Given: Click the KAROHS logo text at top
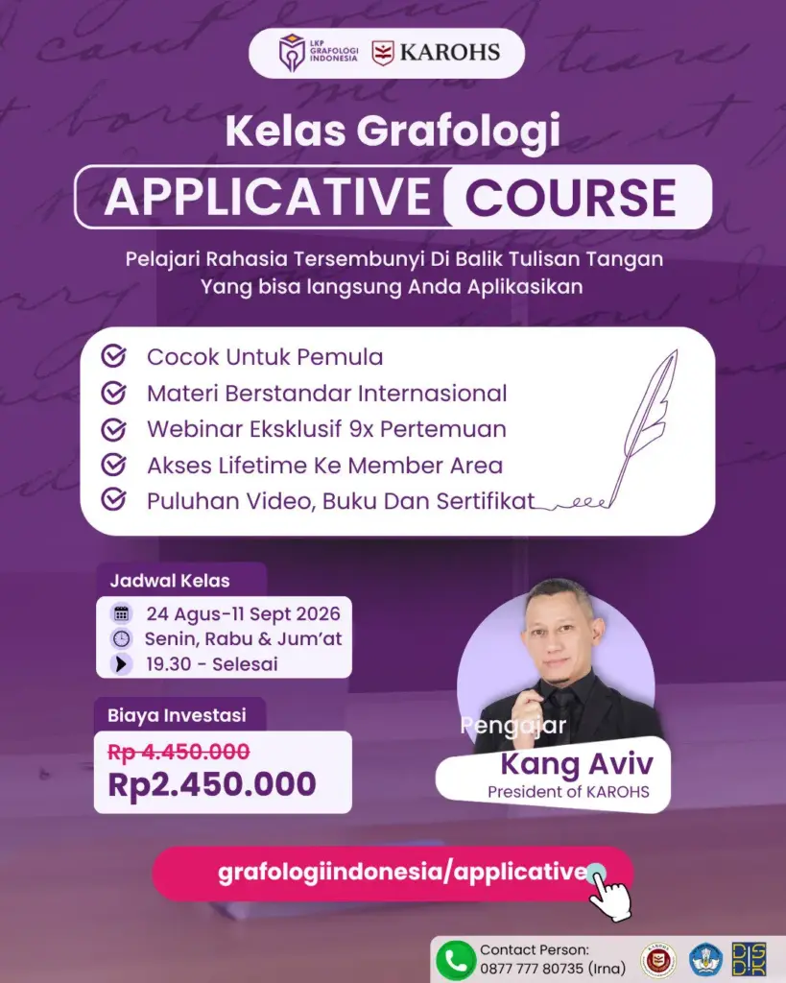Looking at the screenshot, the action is pyautogui.click(x=449, y=53).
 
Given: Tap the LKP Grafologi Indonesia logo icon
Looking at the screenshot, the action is pyautogui.click(x=292, y=53).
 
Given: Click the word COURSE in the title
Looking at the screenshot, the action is pyautogui.click(x=570, y=198).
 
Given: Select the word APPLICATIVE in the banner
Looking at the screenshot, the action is pyautogui.click(x=268, y=197).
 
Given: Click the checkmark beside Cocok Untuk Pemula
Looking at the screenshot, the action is pyautogui.click(x=113, y=356).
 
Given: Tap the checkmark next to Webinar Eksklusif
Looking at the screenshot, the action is pyautogui.click(x=113, y=429).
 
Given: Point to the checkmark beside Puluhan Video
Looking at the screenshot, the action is pyautogui.click(x=113, y=500).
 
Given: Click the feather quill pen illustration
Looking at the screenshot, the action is pyautogui.click(x=639, y=426).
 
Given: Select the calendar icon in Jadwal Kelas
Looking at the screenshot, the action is pyautogui.click(x=121, y=613).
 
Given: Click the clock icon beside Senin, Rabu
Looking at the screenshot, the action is pyautogui.click(x=121, y=638).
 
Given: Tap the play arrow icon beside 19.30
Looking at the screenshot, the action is pyautogui.click(x=121, y=663).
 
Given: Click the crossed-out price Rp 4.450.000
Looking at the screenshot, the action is pyautogui.click(x=179, y=751).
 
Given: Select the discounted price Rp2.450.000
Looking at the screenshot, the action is pyautogui.click(x=212, y=783).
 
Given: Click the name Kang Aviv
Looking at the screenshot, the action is pyautogui.click(x=577, y=764).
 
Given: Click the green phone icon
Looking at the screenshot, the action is pyautogui.click(x=455, y=960).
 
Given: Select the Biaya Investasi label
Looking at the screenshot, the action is pyautogui.click(x=177, y=715).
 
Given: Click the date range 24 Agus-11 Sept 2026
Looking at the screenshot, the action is pyautogui.click(x=243, y=613).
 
